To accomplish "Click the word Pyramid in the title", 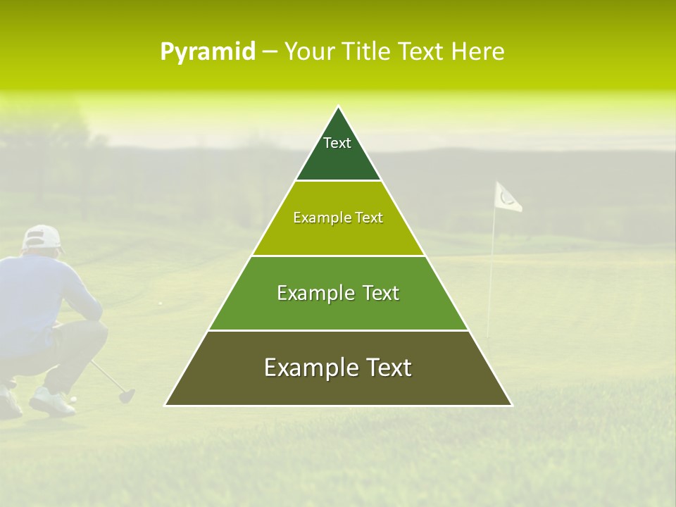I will tap(208, 52).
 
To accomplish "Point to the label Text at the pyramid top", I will tap(337, 143).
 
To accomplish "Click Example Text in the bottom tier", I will tap(338, 368).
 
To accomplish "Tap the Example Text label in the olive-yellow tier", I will tap(338, 218).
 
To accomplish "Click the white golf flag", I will tap(507, 197).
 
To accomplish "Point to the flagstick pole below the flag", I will tap(491, 282).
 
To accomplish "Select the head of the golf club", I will tap(126, 395).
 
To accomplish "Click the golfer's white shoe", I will tap(51, 402).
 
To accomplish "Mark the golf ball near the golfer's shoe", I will tap(73, 399).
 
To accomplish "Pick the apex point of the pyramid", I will tap(338, 107).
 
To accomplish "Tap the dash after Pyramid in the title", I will tap(270, 52).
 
